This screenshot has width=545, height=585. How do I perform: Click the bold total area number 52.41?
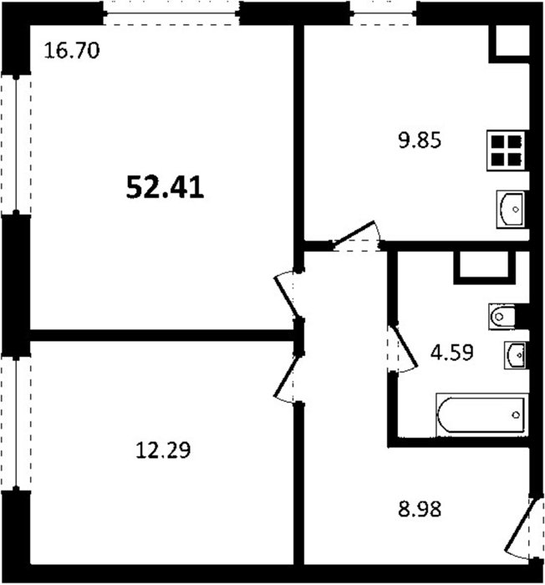pyautogui.click(x=165, y=187)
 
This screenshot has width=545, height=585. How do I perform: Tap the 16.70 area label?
pyautogui.click(x=72, y=51)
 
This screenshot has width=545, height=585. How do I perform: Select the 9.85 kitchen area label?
pyautogui.click(x=420, y=140)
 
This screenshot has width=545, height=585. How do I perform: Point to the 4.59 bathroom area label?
pyautogui.click(x=452, y=352)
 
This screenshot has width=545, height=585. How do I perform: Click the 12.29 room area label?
pyautogui.click(x=163, y=450)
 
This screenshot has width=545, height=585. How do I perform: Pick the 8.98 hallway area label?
pyautogui.click(x=420, y=509)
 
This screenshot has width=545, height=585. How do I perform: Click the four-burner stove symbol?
pyautogui.click(x=506, y=150)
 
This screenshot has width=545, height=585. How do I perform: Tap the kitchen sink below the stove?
pyautogui.click(x=510, y=209)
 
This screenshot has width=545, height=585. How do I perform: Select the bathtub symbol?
pyautogui.click(x=481, y=415)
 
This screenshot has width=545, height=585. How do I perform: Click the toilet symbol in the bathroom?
pyautogui.click(x=502, y=317)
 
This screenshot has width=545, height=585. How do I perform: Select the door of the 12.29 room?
pyautogui.click(x=288, y=377)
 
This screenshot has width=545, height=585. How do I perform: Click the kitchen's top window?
pyautogui.click(x=384, y=13)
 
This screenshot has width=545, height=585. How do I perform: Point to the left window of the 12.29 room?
pyautogui.click(x=16, y=424)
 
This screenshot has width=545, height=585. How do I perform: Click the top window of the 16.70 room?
pyautogui.click(x=171, y=13)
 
